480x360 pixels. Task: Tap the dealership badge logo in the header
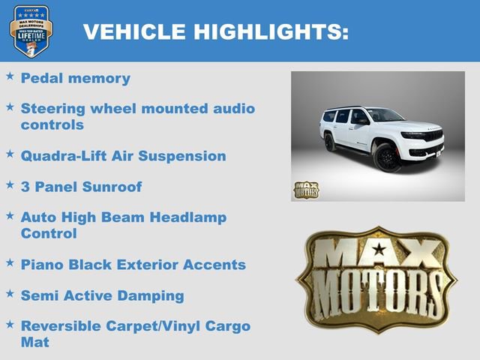(x=31, y=31)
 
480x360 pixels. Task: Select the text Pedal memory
(x=75, y=78)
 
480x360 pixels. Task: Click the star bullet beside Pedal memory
(x=10, y=76)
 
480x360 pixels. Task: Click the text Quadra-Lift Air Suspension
(x=123, y=156)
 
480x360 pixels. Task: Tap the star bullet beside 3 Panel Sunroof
(x=10, y=184)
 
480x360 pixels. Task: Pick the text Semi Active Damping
(x=102, y=295)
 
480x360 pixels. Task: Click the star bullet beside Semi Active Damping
(x=10, y=293)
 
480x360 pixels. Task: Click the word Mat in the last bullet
(x=34, y=343)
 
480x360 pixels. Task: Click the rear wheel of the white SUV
(x=330, y=142)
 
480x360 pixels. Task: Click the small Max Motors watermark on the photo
(x=305, y=190)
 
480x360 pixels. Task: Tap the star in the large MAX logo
(x=379, y=249)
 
